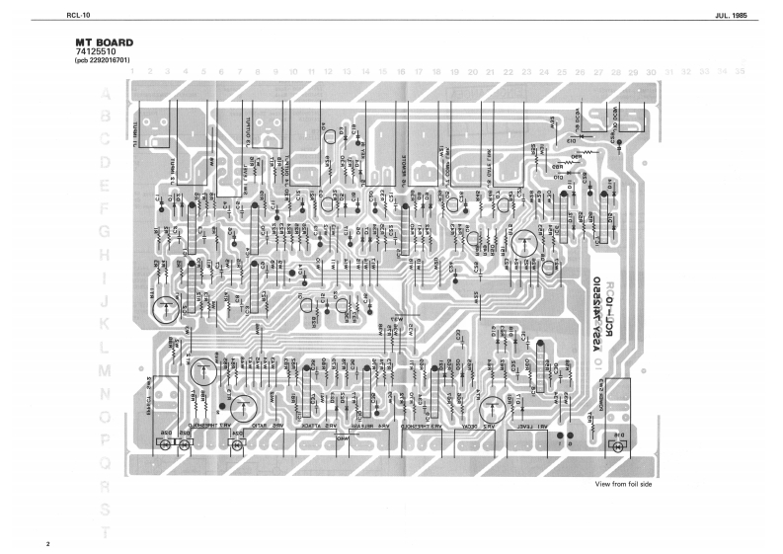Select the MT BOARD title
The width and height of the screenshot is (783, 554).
[104, 43]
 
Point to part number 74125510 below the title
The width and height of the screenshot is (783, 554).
[96, 52]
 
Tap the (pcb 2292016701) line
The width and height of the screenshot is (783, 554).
[102, 61]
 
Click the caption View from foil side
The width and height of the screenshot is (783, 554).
[623, 484]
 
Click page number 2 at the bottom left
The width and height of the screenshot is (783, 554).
[46, 543]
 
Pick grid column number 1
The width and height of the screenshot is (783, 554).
[132, 71]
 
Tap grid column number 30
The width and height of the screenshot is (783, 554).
[652, 71]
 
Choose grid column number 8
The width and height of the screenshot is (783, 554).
[258, 71]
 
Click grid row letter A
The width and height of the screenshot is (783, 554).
[105, 95]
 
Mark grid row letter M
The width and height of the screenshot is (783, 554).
[105, 371]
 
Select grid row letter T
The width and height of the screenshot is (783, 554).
[105, 533]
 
